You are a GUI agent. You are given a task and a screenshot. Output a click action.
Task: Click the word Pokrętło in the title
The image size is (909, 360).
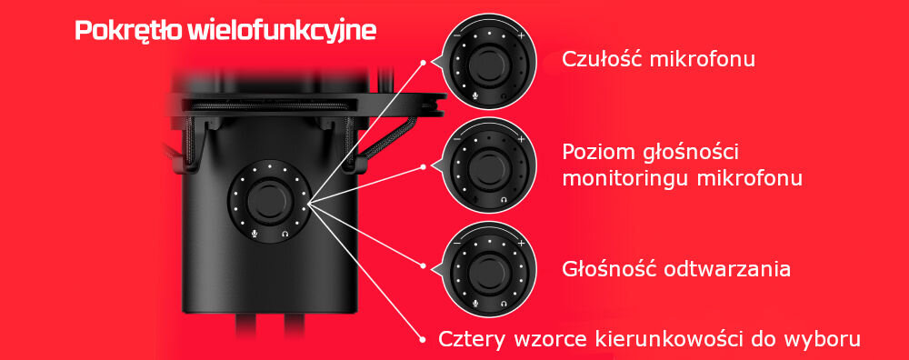[x=128, y=31]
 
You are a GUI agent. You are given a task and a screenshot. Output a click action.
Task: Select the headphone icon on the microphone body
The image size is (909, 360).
[x=285, y=234]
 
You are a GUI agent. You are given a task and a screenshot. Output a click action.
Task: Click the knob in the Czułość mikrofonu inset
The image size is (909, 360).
[x=488, y=65]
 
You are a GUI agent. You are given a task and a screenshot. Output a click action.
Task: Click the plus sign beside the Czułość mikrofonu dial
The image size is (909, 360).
[x=522, y=35]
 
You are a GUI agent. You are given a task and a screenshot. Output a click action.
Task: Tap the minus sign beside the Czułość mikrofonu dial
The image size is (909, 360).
[x=456, y=35]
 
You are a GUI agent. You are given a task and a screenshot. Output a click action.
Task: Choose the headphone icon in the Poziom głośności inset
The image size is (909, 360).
[x=504, y=198]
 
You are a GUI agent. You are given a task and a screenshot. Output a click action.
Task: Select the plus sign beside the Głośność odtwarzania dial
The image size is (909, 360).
[x=522, y=245]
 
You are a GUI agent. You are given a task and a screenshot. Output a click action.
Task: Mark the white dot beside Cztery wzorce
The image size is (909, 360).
[x=424, y=340]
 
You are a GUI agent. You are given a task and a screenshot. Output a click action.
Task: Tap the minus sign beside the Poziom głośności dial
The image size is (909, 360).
[x=456, y=140]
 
